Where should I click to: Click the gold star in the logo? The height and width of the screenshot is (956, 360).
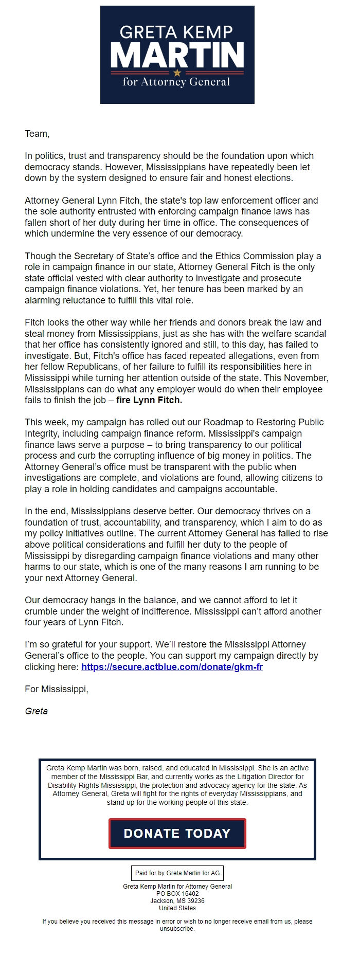(177, 73)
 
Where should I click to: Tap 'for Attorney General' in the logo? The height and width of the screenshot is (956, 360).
(176, 82)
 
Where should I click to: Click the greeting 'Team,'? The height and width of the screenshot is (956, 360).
(37, 134)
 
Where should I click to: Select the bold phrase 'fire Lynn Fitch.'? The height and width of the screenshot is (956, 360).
(149, 400)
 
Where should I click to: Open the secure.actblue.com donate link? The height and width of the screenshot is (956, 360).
(172, 667)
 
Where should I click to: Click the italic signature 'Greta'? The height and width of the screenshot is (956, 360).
(36, 711)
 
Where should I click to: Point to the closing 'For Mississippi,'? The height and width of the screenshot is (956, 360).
(56, 689)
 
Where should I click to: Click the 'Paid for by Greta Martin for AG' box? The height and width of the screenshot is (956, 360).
(177, 873)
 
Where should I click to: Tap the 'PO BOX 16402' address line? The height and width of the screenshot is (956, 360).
(177, 894)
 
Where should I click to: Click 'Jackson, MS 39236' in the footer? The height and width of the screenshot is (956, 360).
(177, 901)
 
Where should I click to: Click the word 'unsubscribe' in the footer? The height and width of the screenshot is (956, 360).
(176, 929)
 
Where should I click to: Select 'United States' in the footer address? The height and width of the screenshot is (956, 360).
(177, 908)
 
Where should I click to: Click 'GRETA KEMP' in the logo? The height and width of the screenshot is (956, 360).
(176, 32)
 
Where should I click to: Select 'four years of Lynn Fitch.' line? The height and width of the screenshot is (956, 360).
(74, 622)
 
